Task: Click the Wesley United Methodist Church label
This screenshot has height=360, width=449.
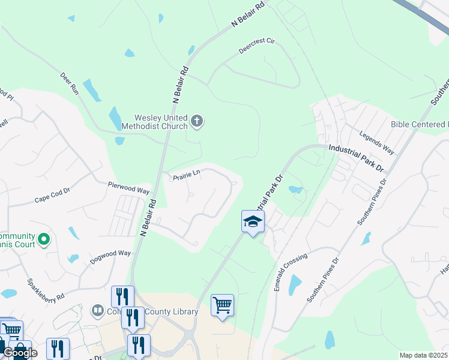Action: pos(154,122)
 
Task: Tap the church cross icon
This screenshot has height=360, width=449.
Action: pos(196,122)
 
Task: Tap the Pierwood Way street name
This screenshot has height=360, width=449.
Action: pos(128,188)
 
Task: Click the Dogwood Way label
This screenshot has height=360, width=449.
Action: pos(110,257)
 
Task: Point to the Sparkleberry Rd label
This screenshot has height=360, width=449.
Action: pos(44,289)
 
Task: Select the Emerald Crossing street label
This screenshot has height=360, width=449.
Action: pos(291,272)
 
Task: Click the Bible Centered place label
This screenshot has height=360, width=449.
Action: pos(419,124)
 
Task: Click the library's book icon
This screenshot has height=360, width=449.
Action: pos(97,311)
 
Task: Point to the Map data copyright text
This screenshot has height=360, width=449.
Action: pos(424,355)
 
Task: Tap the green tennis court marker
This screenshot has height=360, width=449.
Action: pos(43,240)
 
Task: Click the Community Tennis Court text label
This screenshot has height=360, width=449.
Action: pos(18,240)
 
